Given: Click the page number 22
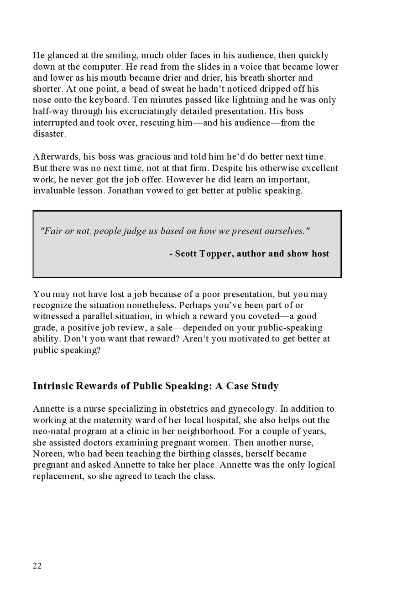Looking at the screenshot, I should click(37, 566).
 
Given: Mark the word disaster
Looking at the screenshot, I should click(49, 134).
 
